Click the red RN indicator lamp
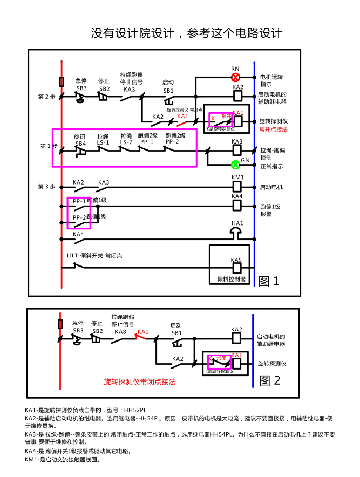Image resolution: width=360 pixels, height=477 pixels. (235, 77)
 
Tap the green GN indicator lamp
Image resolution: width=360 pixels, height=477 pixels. (235, 165)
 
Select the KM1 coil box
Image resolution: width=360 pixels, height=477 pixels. (237, 186)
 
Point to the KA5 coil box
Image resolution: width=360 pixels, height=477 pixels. (236, 267)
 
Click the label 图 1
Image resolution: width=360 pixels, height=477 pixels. (269, 281)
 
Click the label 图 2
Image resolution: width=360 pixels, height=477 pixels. (270, 380)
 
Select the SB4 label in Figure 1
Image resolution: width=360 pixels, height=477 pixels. (80, 144)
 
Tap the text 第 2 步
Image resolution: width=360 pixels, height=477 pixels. (47, 97)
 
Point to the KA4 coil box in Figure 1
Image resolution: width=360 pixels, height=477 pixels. (237, 205)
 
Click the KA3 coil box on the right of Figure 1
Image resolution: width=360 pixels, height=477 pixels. (237, 150)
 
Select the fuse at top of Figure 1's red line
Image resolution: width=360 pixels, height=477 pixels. (62, 81)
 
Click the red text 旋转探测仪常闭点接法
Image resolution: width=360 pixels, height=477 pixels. (140, 381)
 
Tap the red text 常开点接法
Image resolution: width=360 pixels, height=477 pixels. (273, 130)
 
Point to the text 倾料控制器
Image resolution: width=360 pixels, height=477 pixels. (231, 280)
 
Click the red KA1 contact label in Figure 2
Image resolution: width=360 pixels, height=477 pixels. (143, 332)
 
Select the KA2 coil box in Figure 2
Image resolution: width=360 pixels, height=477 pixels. (236, 338)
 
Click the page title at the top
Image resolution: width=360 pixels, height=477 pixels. (186, 33)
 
